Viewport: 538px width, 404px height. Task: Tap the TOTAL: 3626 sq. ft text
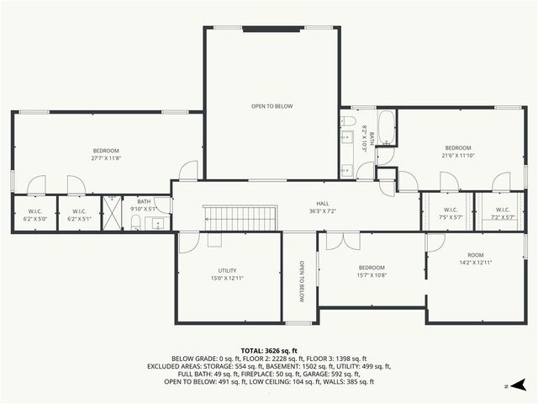tap(269, 350)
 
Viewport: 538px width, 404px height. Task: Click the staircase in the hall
tap(240, 219)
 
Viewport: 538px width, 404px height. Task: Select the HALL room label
tap(323, 204)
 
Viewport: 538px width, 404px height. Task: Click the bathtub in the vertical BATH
tap(387, 128)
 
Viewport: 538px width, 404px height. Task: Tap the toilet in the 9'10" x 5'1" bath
tap(134, 222)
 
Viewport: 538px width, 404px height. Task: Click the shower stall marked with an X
tap(112, 214)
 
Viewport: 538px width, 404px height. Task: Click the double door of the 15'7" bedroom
tap(343, 242)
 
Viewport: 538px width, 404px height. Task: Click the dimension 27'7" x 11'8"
tap(106, 157)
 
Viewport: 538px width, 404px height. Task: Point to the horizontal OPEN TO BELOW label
tap(272, 106)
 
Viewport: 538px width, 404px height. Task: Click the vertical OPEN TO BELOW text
tap(300, 282)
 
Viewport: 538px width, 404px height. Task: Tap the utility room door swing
tap(189, 242)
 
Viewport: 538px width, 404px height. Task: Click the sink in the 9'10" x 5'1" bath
tap(155, 223)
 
